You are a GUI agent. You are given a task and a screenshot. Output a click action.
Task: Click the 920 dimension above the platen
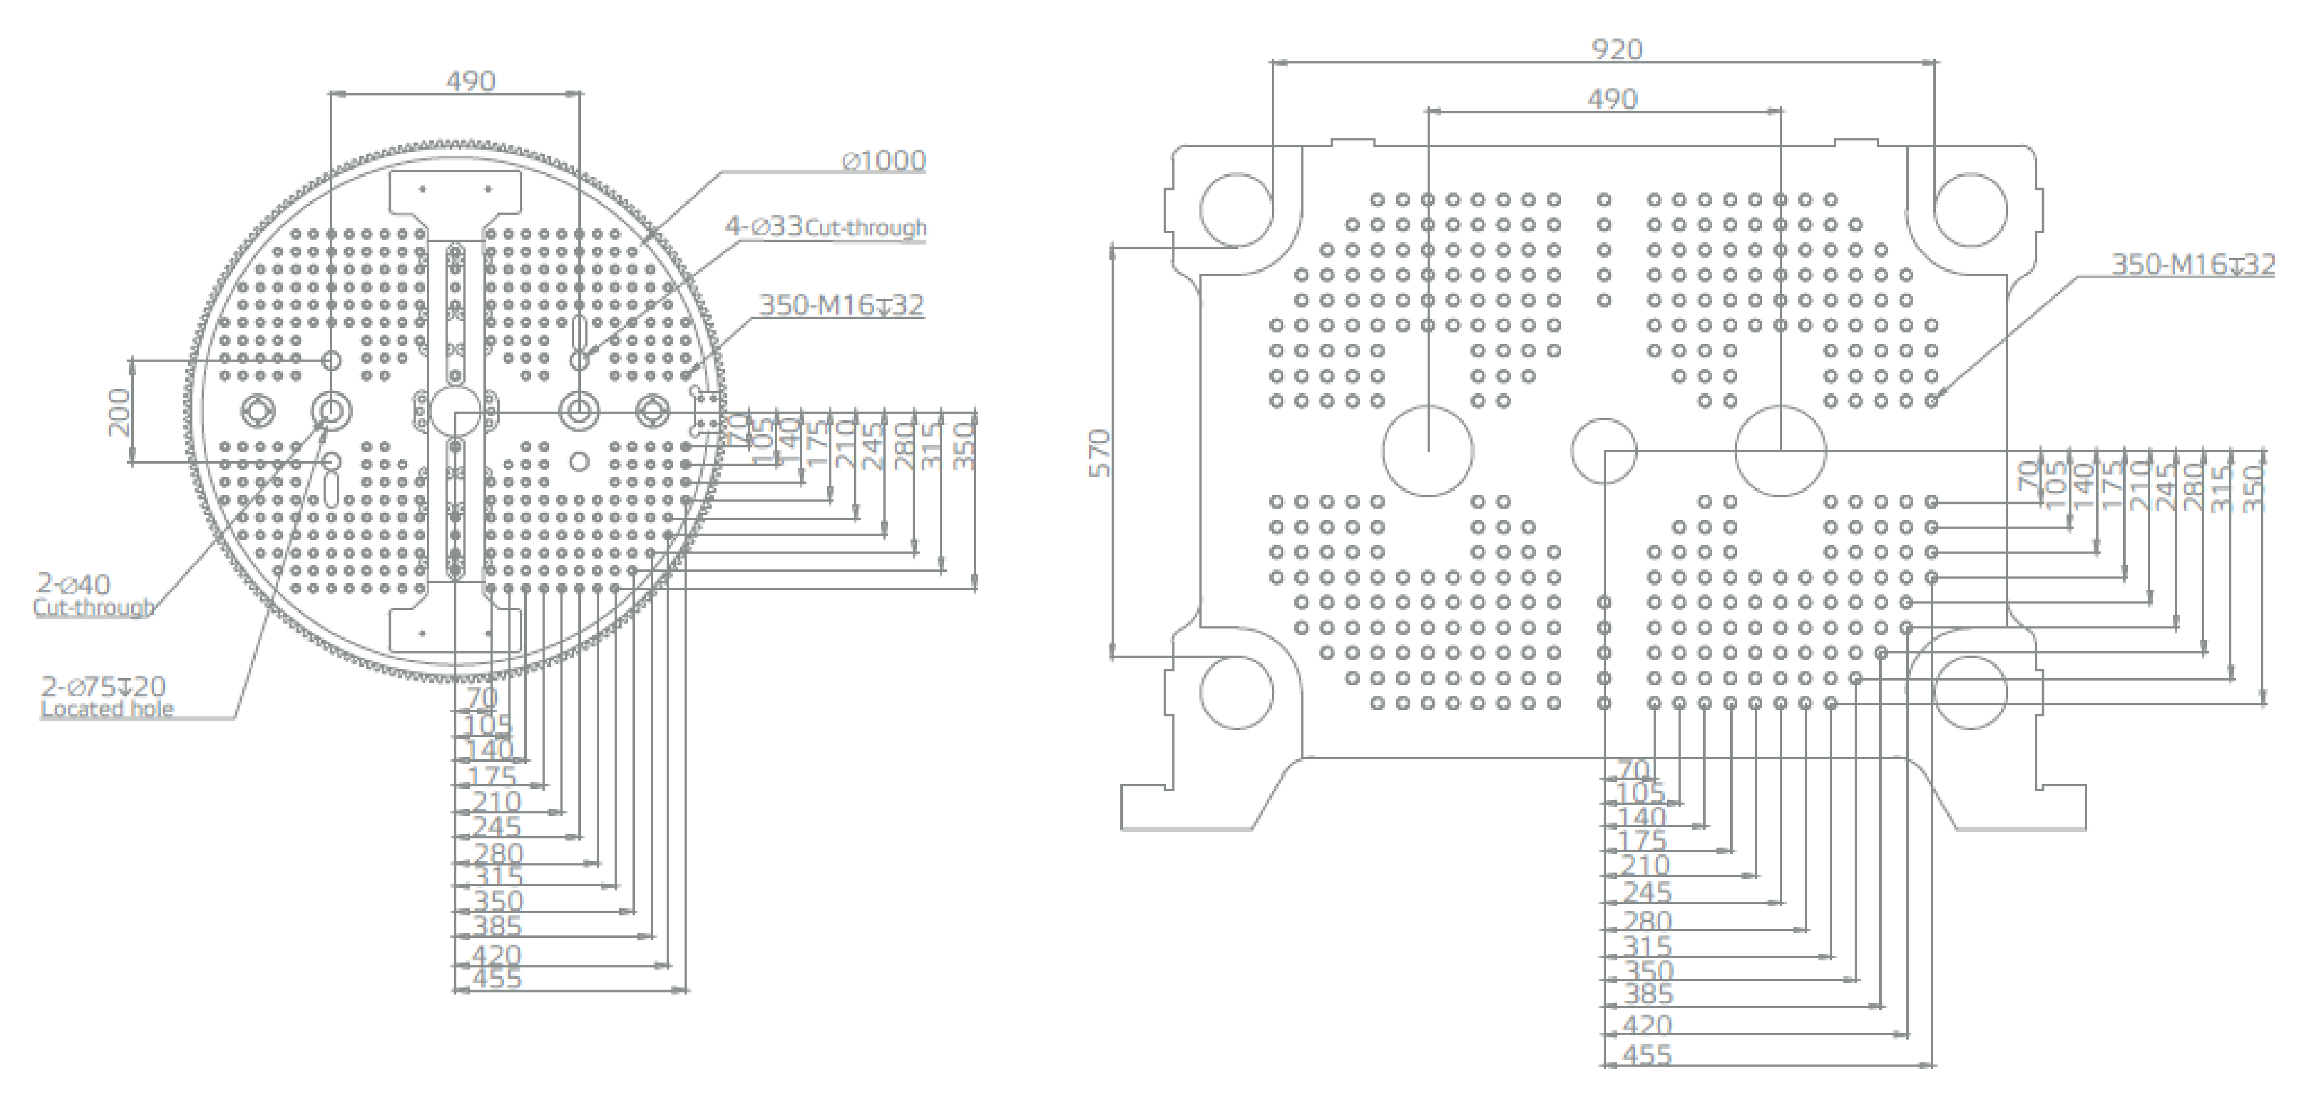tap(1616, 49)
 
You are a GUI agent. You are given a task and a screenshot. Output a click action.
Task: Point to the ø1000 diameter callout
tap(884, 161)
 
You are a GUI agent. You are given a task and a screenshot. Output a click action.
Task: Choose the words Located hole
tap(107, 709)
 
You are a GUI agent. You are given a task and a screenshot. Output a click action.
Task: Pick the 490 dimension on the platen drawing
tap(1612, 99)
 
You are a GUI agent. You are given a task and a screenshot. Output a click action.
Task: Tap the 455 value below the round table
tap(496, 979)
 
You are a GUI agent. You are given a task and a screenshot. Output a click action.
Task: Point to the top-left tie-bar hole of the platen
tap(1236, 209)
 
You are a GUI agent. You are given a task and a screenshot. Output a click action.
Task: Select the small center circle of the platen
tap(1603, 451)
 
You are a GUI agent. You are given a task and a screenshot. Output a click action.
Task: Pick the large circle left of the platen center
tap(1428, 451)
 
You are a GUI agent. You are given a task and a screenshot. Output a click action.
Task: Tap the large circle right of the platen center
tap(1780, 451)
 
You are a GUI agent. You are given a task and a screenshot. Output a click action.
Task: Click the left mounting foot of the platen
tap(1186, 807)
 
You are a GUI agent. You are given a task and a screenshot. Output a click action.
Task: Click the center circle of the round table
tap(455, 412)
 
